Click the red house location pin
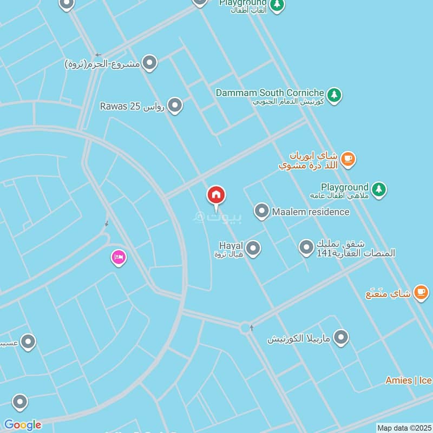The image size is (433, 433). point(216,196)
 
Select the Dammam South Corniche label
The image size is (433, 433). point(270,93)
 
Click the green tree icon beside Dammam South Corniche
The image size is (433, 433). point(335,95)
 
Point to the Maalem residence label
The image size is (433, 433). point(311,212)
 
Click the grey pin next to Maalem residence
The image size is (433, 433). point(262,211)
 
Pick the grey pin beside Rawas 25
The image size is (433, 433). point(174,106)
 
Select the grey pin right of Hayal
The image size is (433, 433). point(253,248)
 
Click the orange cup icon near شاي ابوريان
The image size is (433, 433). point(348,159)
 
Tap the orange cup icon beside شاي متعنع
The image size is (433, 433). point(421,292)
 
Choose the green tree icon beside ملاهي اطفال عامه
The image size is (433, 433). point(379,189)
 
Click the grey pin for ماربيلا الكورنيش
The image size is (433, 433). point(341,338)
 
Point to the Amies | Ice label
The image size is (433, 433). point(409,380)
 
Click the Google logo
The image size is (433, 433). point(22,425)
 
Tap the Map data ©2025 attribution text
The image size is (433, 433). point(403,428)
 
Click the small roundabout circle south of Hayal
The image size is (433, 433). point(246,327)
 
